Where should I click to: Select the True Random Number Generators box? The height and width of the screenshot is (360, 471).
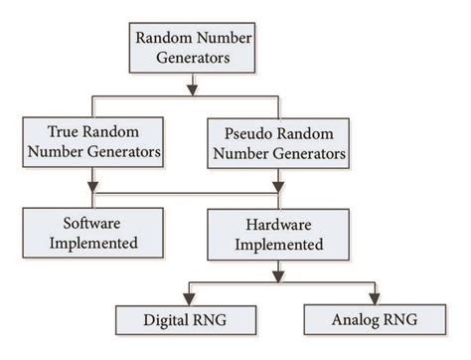coord(93,141)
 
